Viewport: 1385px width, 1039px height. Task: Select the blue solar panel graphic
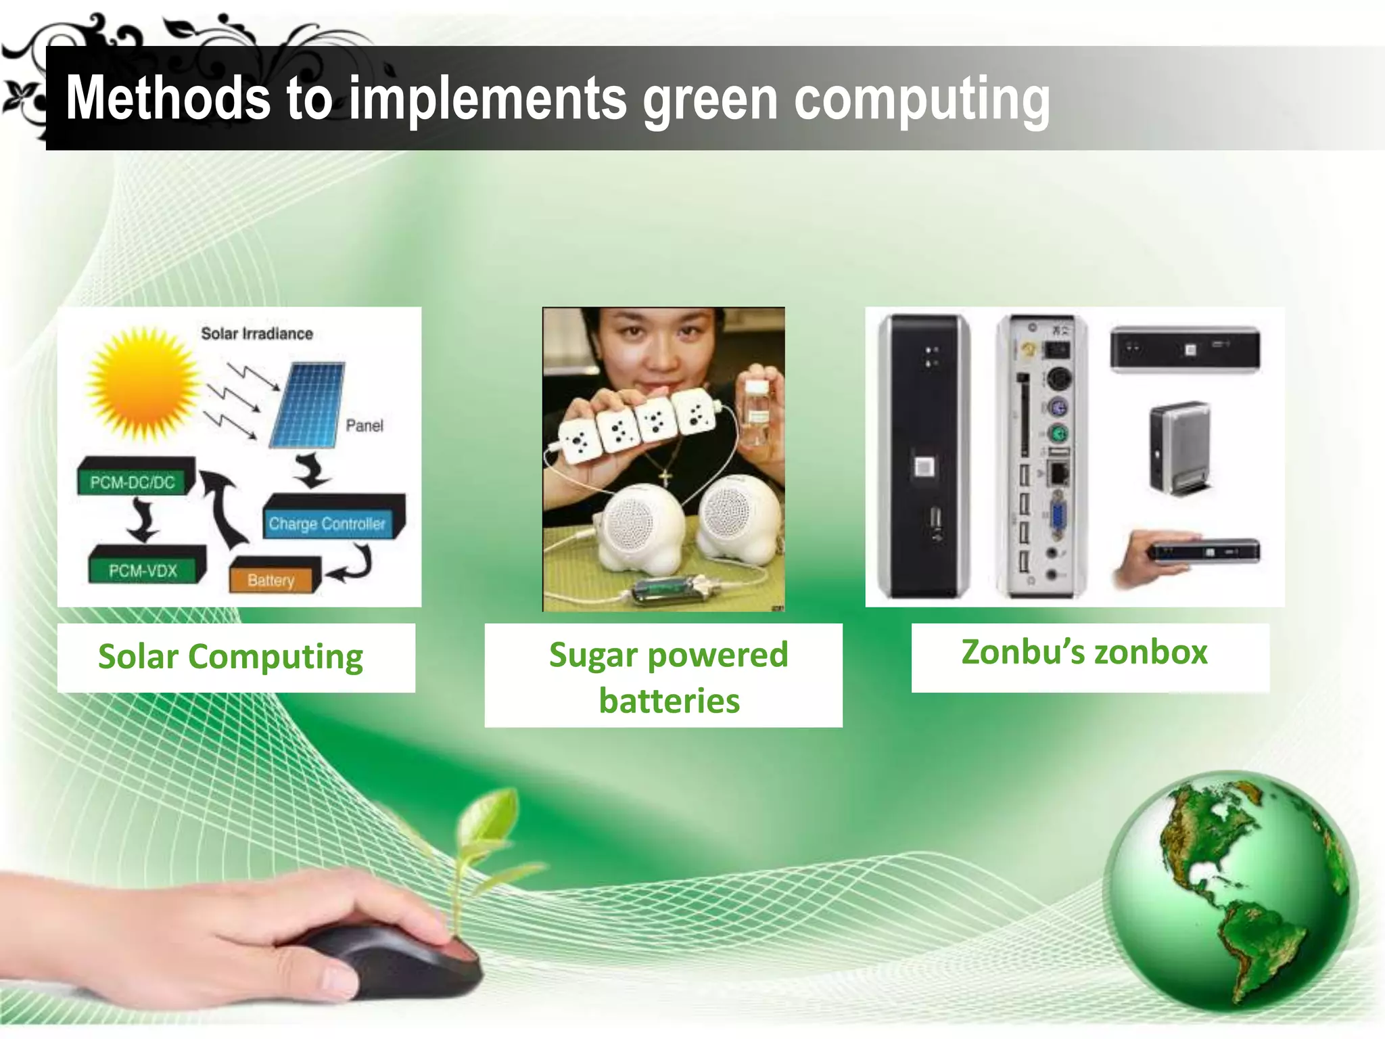(307, 405)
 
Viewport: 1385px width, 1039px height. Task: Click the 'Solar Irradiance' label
(257, 333)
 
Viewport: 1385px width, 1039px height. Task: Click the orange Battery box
(272, 578)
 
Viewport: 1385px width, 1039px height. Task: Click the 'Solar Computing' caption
(231, 657)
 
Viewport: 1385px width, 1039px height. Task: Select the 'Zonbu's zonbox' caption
(1085, 653)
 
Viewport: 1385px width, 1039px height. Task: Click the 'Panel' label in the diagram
(364, 425)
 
